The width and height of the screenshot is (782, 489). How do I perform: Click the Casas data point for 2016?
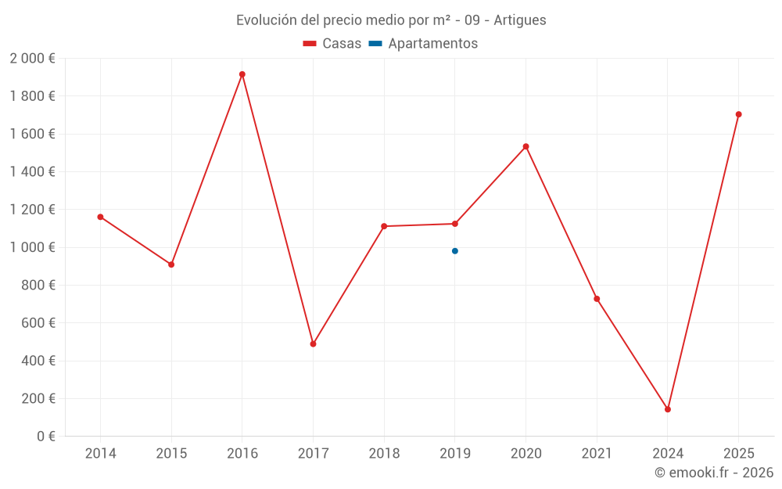tap(242, 74)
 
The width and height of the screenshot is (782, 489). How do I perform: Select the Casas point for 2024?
tap(668, 409)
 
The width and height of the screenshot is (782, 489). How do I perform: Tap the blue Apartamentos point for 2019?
tap(455, 251)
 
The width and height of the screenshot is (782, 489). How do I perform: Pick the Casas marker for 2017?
tap(313, 344)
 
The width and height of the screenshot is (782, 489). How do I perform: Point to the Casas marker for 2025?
tap(738, 114)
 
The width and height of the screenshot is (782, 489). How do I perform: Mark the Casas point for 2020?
tap(526, 146)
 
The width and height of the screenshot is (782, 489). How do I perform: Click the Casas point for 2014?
tap(100, 217)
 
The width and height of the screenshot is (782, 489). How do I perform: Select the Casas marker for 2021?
tap(597, 299)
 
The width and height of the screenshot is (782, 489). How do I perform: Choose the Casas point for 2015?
tap(171, 264)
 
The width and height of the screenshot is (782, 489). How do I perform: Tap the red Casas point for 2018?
tap(384, 226)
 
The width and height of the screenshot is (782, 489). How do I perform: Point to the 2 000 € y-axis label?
tap(32, 58)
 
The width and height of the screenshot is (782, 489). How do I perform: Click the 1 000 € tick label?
tap(32, 247)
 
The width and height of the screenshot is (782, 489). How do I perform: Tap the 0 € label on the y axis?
tap(43, 436)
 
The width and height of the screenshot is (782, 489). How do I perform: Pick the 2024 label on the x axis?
tap(668, 453)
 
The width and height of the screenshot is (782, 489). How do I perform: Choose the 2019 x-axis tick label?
tap(455, 453)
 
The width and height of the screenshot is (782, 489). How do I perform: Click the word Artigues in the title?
tap(520, 20)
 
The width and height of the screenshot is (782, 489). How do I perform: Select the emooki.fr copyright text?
tap(714, 473)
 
